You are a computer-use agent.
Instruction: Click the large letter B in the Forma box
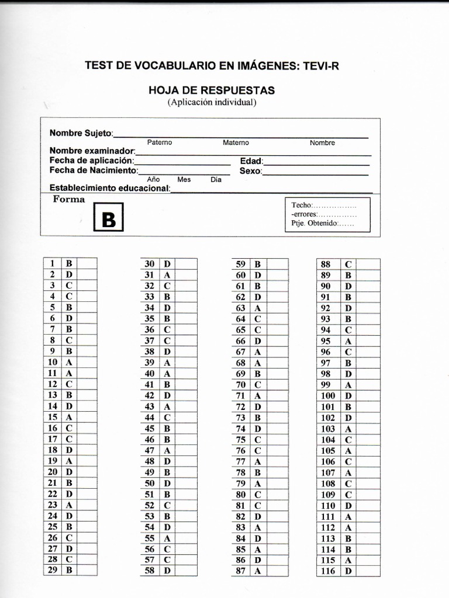click(x=109, y=219)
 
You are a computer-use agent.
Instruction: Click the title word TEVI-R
click(x=320, y=66)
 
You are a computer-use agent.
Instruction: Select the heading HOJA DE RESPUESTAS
click(x=212, y=91)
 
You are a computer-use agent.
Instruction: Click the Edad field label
click(x=251, y=161)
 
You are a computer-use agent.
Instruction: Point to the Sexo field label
click(x=250, y=171)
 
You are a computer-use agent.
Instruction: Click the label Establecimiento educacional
click(x=110, y=188)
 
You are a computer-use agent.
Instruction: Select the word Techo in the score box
click(x=301, y=205)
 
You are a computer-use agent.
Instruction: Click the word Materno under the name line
click(x=236, y=142)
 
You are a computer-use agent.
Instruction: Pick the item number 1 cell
click(x=52, y=263)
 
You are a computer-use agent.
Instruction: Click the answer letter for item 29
click(x=69, y=570)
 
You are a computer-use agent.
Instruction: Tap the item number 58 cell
click(x=150, y=570)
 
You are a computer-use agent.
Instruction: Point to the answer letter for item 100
click(x=348, y=396)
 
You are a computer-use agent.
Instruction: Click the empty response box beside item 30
click(x=186, y=263)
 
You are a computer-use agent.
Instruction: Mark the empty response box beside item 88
click(x=368, y=264)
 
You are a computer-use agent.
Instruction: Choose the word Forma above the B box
click(x=69, y=199)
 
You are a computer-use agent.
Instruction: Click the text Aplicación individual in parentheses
click(x=212, y=102)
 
